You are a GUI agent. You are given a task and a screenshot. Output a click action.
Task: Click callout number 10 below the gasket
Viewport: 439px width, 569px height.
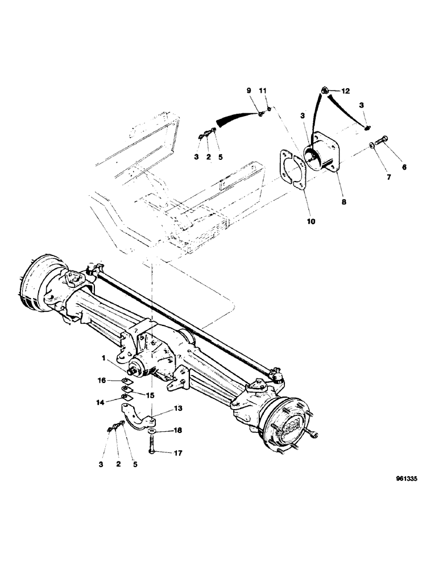(x=296, y=221)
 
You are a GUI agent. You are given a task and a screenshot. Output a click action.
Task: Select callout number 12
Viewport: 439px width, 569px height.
(x=346, y=91)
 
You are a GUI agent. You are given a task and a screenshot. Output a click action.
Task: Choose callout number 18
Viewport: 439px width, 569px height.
(x=177, y=431)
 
